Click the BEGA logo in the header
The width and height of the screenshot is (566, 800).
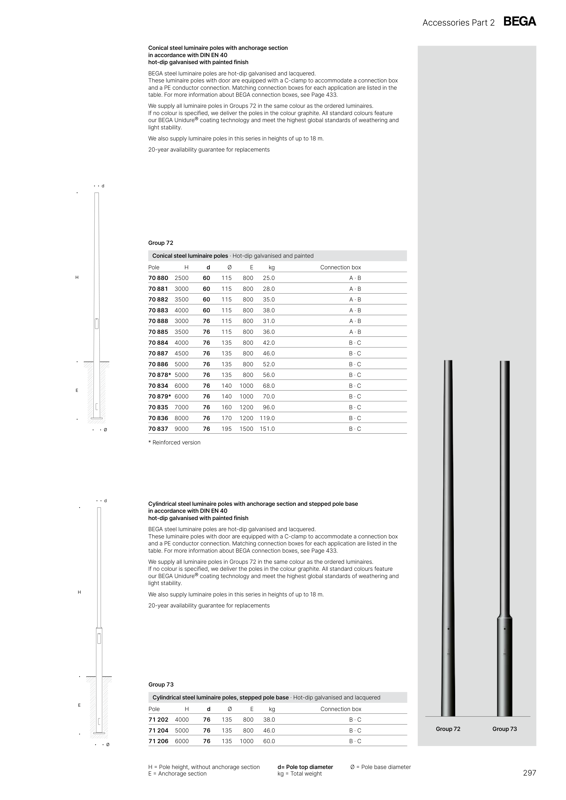[520, 22]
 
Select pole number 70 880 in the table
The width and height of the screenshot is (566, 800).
[158, 278]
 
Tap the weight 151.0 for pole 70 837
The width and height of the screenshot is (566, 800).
[267, 429]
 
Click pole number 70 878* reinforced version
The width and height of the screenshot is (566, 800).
[159, 375]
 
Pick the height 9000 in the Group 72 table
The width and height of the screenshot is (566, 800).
[181, 429]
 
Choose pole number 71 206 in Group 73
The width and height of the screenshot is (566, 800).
[158, 741]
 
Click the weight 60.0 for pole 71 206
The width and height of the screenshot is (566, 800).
[269, 741]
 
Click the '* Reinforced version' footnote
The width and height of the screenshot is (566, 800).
[174, 443]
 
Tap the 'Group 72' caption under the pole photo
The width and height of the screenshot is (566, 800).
[448, 729]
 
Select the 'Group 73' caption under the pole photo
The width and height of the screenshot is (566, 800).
[504, 729]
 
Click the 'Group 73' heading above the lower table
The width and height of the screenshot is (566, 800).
[161, 685]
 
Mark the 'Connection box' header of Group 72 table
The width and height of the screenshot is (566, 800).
[340, 267]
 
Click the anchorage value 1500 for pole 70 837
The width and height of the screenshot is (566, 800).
[246, 429]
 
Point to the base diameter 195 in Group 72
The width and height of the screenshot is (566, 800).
[226, 429]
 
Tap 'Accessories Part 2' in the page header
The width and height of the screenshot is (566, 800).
[458, 23]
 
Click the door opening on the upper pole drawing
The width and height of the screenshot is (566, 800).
[97, 323]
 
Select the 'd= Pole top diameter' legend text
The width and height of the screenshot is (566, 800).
[305, 767]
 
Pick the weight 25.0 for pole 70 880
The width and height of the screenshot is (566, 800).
[269, 278]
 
